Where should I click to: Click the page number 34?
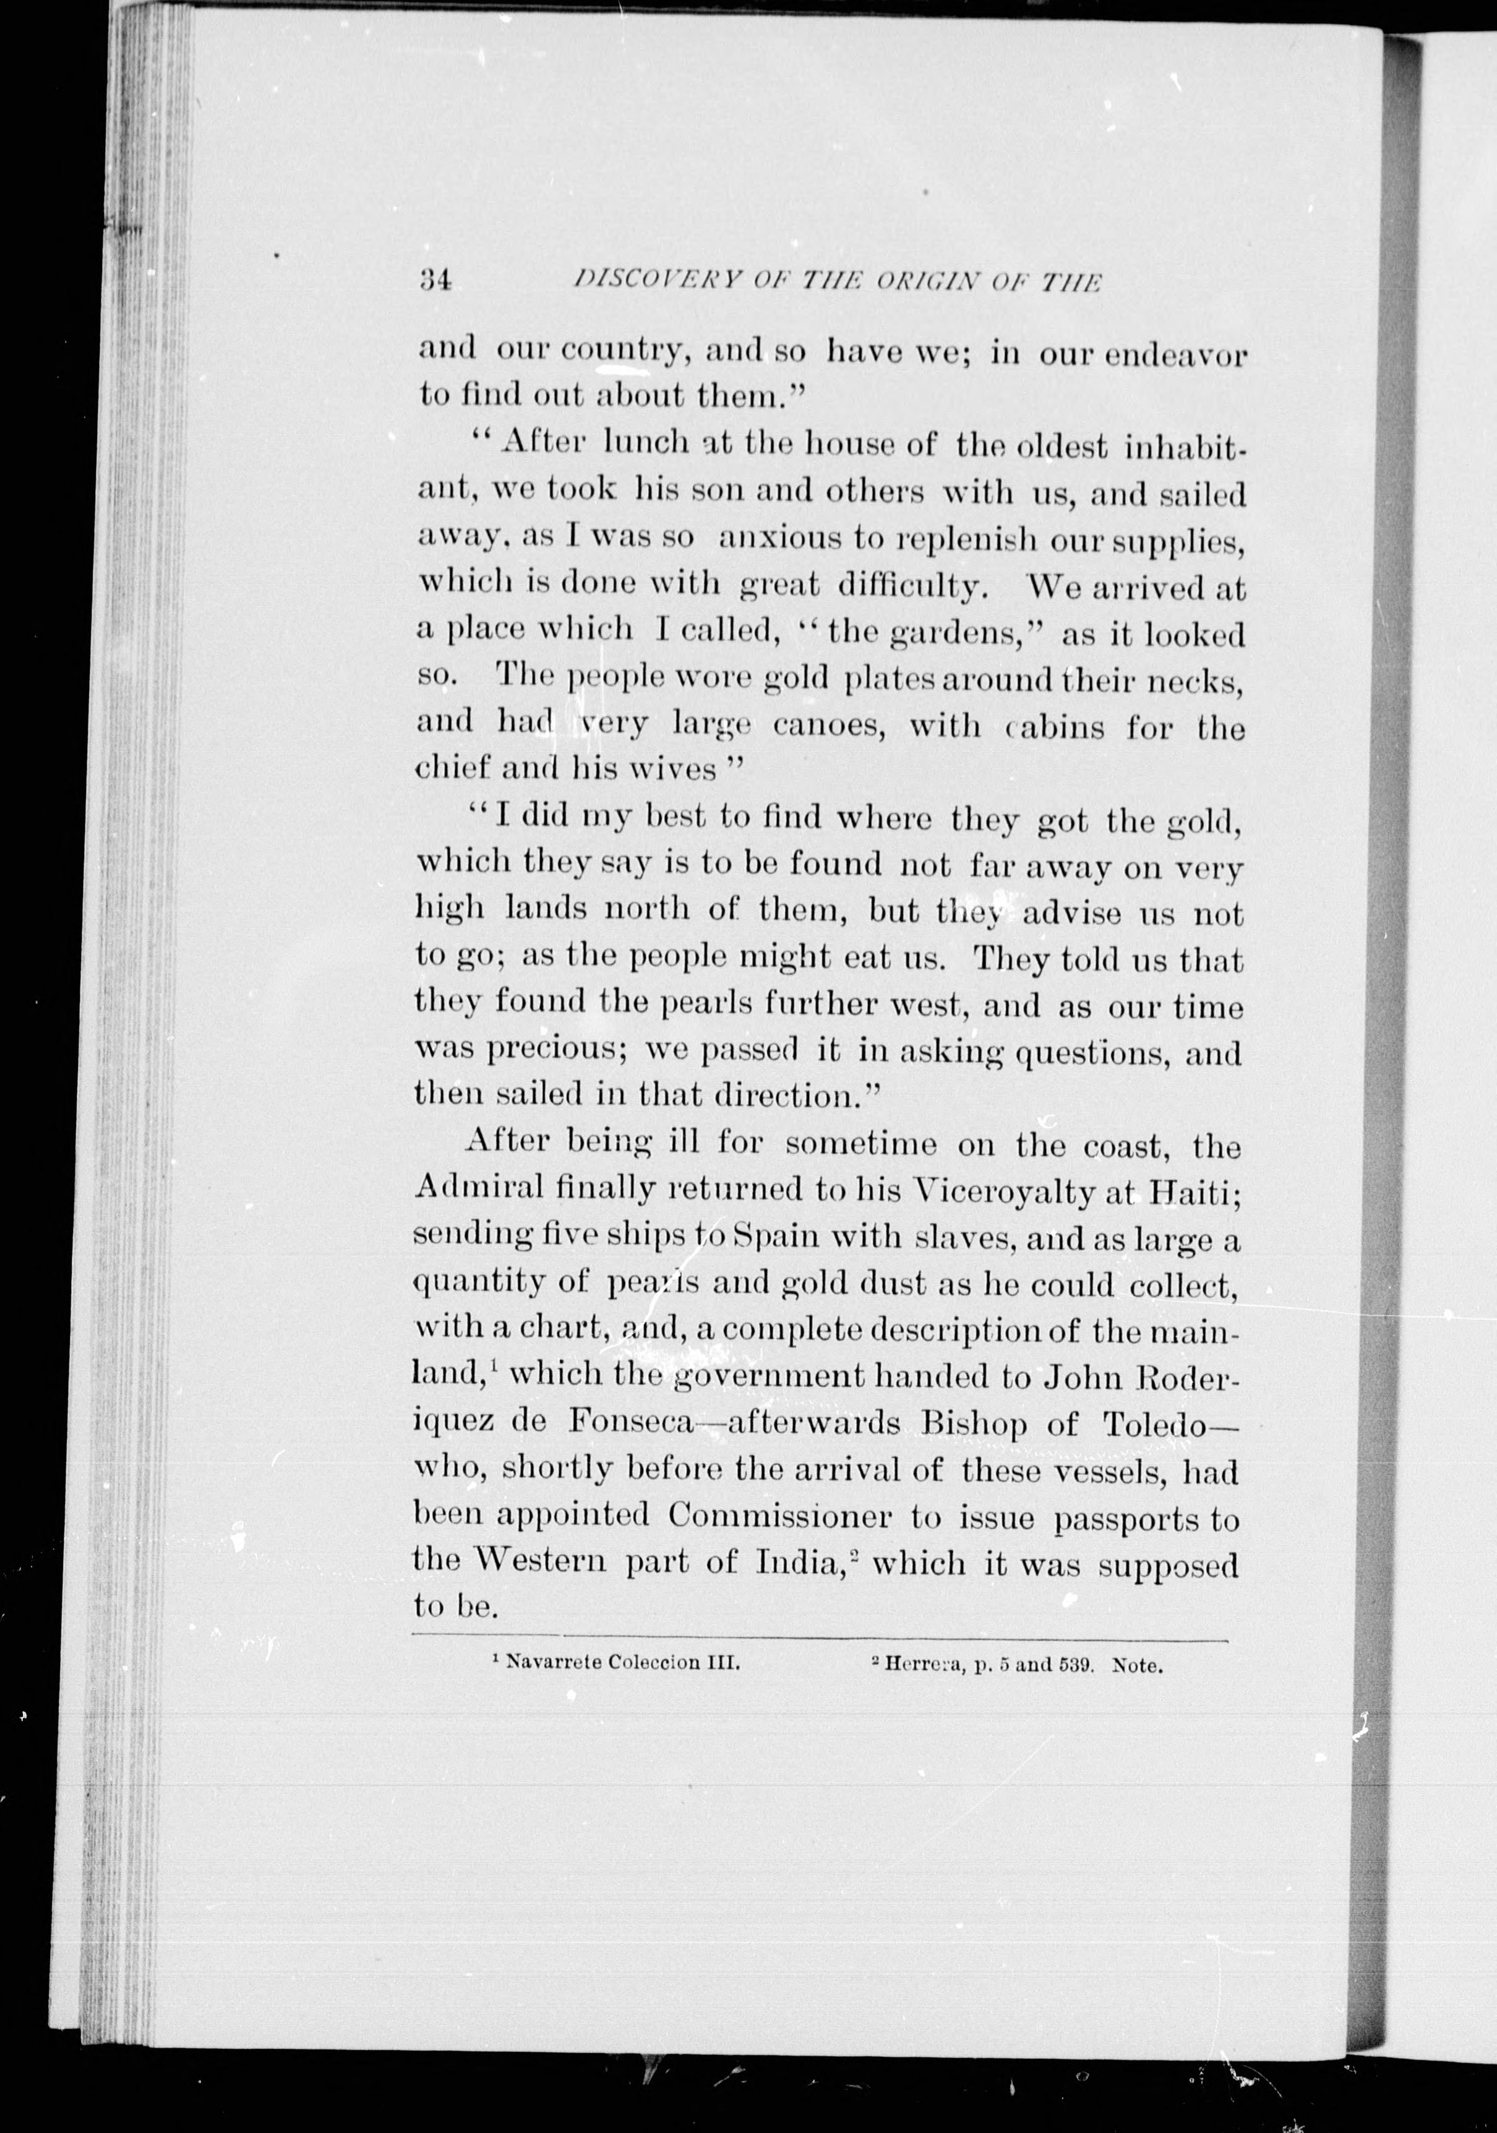point(435,281)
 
